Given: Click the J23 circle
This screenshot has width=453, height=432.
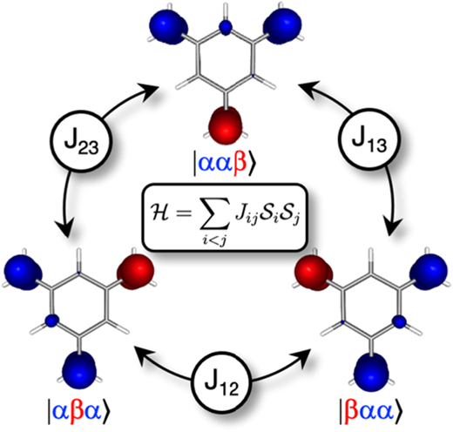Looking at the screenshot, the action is tap(81, 141).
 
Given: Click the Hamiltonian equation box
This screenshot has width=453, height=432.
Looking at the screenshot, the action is tap(224, 217).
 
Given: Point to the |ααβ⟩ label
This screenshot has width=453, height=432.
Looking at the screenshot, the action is tap(223, 165).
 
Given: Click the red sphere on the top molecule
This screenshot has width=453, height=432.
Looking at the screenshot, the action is tap(226, 125).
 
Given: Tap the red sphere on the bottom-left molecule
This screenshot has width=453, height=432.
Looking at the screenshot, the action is tap(135, 272).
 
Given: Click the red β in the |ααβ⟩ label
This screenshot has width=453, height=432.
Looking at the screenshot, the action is tap(240, 165).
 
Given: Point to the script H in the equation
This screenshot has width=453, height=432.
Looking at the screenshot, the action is tap(160, 215).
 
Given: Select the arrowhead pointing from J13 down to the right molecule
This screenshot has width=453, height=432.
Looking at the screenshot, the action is tap(394, 226).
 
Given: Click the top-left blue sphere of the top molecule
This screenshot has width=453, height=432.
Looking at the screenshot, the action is tap(168, 27).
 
